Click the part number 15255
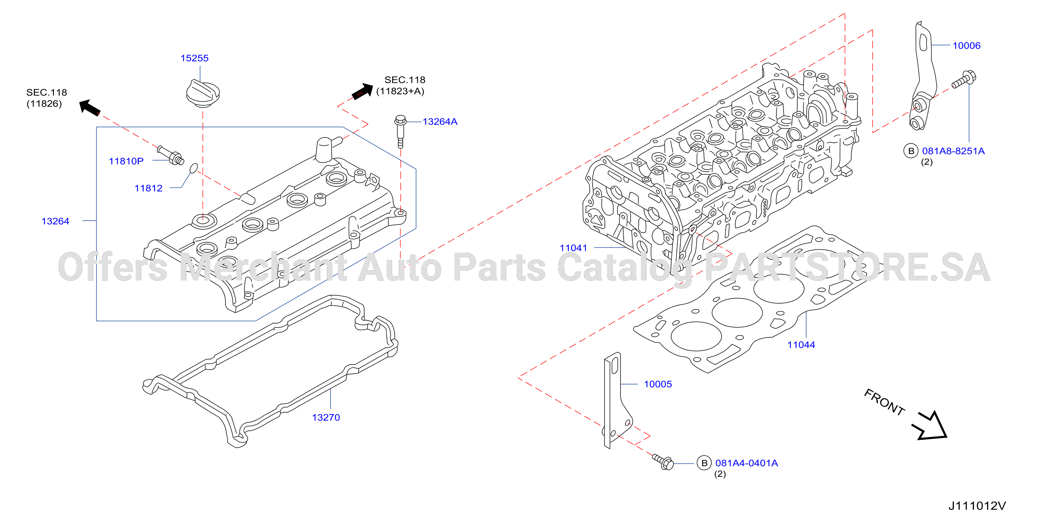(x=194, y=58)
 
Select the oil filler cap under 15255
(x=203, y=93)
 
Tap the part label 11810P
(x=126, y=161)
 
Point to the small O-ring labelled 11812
(x=194, y=168)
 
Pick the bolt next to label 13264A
(x=400, y=131)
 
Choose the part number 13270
(x=326, y=417)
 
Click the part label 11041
(x=573, y=248)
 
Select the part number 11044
(x=801, y=345)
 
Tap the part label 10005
(x=658, y=384)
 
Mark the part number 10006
(x=966, y=45)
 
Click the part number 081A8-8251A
(x=953, y=151)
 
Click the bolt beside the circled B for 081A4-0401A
(x=663, y=462)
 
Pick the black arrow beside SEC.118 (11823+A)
(x=363, y=91)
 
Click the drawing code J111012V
(x=977, y=506)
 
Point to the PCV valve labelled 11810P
(x=171, y=155)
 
